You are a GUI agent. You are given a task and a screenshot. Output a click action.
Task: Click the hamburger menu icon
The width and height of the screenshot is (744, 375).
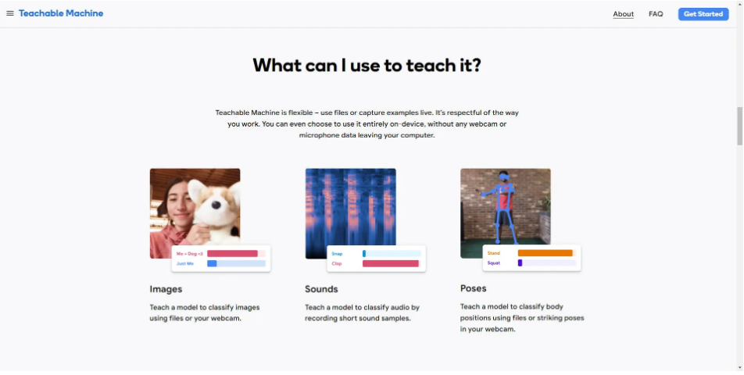(x=10, y=13)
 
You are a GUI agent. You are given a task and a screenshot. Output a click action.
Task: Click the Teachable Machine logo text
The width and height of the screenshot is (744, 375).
(x=61, y=13)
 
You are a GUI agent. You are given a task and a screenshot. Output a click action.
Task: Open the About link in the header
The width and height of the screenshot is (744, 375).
(x=623, y=14)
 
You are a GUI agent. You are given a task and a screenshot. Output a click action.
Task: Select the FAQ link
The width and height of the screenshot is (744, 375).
(x=656, y=14)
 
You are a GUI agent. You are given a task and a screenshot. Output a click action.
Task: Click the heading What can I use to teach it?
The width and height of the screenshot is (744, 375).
(x=367, y=65)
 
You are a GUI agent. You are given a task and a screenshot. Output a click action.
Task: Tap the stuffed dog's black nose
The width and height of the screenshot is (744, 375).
(x=216, y=205)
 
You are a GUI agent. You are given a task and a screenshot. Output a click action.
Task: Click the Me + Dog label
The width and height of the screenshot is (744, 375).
(x=190, y=254)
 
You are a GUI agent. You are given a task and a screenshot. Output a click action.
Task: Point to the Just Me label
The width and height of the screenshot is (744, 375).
(x=185, y=263)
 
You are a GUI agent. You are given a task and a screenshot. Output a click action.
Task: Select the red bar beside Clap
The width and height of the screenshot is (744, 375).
(x=391, y=263)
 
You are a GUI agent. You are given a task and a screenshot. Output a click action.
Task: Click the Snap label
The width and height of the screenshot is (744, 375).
(x=337, y=254)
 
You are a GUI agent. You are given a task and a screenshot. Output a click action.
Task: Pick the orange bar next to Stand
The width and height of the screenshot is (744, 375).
(x=545, y=253)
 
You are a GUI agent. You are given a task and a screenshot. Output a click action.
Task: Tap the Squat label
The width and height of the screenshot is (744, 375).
(x=493, y=263)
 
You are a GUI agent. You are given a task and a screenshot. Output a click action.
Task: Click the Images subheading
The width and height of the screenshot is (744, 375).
(x=166, y=289)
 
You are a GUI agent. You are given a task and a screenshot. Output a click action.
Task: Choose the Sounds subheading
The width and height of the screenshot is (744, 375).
(x=321, y=289)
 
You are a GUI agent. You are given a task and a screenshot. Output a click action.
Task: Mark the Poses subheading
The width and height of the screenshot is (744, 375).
(x=473, y=288)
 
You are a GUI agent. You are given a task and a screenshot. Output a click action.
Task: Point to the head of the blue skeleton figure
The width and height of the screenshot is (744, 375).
(x=504, y=177)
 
